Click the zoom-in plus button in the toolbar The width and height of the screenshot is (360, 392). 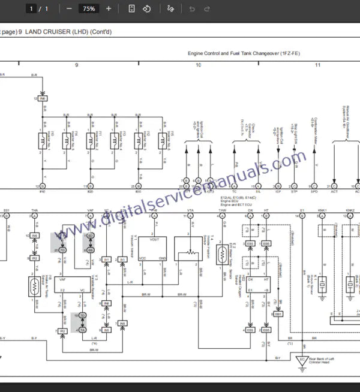click(109, 9)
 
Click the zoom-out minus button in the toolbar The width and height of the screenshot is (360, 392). click(70, 9)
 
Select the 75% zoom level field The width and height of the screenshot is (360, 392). click(89, 9)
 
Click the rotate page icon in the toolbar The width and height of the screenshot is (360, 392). click(147, 9)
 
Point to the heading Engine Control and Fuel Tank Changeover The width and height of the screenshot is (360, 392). click(244, 53)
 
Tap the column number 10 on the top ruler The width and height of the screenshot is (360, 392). click(199, 64)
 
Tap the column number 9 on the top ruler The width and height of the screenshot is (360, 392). click(76, 64)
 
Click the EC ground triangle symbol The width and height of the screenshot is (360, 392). click(302, 360)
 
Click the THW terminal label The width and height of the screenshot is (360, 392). click(223, 210)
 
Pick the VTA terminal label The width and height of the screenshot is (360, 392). click(190, 210)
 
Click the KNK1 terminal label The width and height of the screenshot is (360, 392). click(322, 210)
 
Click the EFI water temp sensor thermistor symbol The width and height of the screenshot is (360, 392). click(223, 252)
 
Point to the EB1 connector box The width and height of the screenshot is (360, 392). click(278, 314)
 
